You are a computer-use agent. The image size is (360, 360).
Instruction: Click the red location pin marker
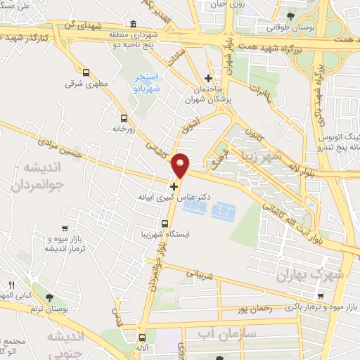pyautogui.click(x=181, y=164)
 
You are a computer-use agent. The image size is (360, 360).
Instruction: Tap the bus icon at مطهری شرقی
pyautogui.click(x=86, y=72)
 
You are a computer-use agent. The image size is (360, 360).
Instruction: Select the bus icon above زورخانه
pyautogui.click(x=124, y=118)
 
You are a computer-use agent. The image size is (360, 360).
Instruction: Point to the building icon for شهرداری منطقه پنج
pyautogui.click(x=134, y=24)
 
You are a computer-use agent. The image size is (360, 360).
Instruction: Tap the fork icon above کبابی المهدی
pyautogui.click(x=11, y=284)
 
